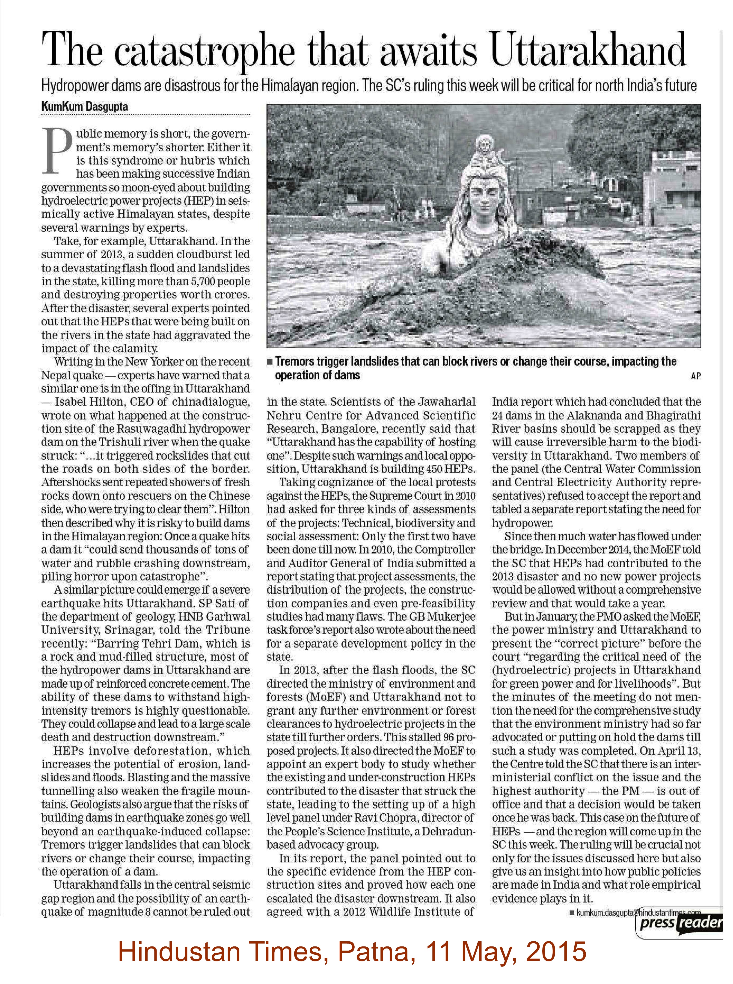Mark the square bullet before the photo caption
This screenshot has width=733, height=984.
click(x=270, y=362)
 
